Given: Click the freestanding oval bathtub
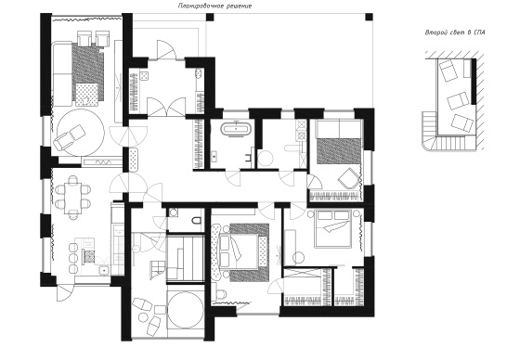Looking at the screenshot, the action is pyautogui.click(x=236, y=129).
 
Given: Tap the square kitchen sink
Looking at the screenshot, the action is pyautogui.click(x=104, y=270).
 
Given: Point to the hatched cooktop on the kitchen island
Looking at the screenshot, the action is pyautogui.click(x=88, y=257).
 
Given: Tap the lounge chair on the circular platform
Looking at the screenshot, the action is pyautogui.click(x=70, y=135).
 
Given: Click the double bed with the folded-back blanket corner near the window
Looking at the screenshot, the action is pyautogui.click(x=332, y=229).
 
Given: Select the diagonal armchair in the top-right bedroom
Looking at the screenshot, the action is pyautogui.click(x=348, y=178).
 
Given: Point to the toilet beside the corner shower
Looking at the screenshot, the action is pyautogui.click(x=197, y=220).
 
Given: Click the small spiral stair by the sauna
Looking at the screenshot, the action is pyautogui.click(x=158, y=267).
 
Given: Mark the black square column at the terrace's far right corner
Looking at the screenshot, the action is pyautogui.click(x=369, y=17).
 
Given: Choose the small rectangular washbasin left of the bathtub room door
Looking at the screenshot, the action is pyautogui.click(x=214, y=156).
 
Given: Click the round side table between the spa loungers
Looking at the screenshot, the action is pyautogui.click(x=144, y=317).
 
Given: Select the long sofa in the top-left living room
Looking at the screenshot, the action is pyautogui.click(x=61, y=73).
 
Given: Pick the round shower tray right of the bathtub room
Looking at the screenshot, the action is pyautogui.click(x=265, y=158).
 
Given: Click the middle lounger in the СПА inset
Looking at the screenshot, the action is pyautogui.click(x=458, y=101).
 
